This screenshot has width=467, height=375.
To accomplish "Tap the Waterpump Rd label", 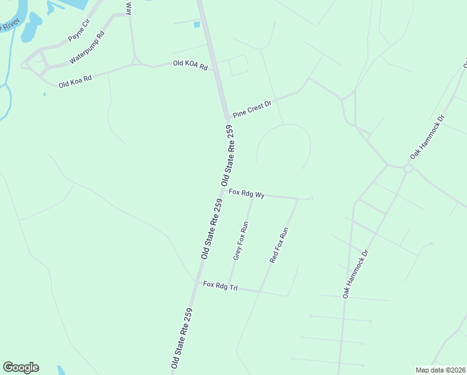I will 87,47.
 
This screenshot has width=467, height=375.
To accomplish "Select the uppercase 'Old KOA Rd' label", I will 190,64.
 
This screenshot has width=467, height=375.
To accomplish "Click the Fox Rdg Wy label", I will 247,194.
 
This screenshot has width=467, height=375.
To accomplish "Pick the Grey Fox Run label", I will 241,240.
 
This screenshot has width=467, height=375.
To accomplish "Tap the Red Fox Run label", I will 279,244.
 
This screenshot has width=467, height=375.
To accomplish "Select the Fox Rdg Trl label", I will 220,286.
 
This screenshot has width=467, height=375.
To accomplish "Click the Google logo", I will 21,367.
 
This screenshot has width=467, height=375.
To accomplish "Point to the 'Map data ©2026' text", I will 440,370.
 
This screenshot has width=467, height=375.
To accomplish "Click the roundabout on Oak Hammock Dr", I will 408,169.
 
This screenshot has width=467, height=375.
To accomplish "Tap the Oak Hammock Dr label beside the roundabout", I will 427,136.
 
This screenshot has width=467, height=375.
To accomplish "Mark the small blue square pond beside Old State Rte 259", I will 197,25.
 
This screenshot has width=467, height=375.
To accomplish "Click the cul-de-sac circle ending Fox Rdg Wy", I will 311,199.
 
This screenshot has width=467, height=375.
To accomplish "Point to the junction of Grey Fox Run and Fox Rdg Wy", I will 252,195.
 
